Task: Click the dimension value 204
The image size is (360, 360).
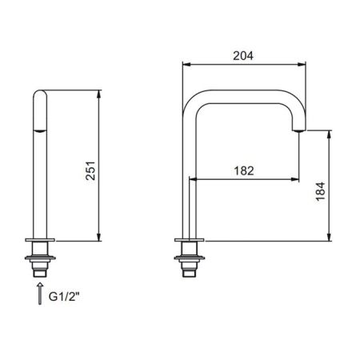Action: pos(243,56)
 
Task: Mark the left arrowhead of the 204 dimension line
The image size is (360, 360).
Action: pos(186,66)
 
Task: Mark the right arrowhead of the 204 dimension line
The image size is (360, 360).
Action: pos(306,66)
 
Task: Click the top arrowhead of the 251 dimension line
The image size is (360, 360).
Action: pos(99,93)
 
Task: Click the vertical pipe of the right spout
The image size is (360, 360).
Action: pos(189,176)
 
